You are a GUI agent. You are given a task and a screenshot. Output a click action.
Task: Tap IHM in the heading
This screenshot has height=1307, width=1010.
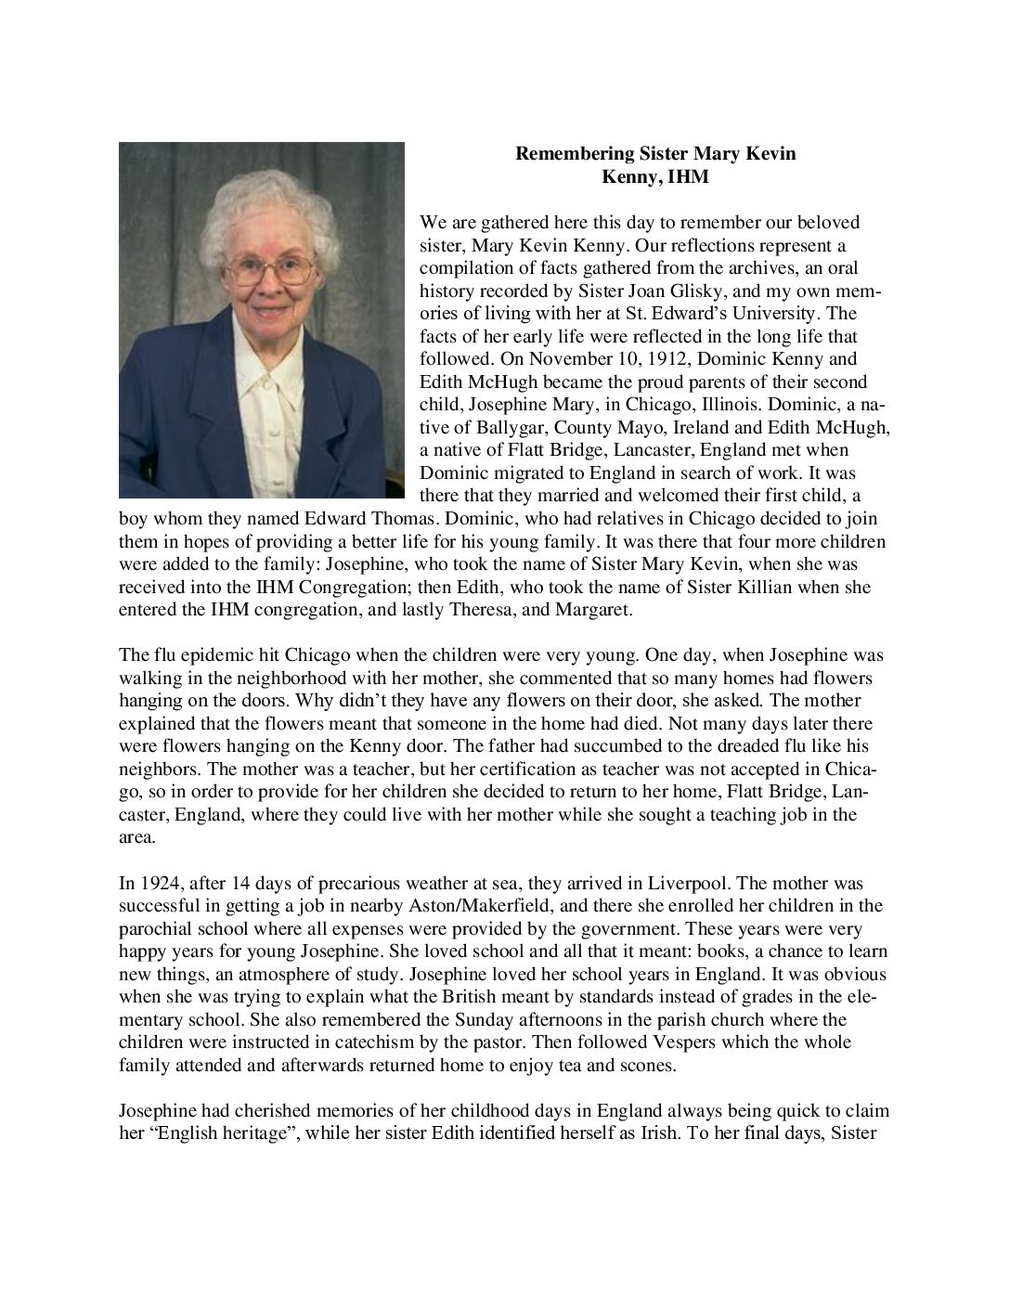tap(688, 177)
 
